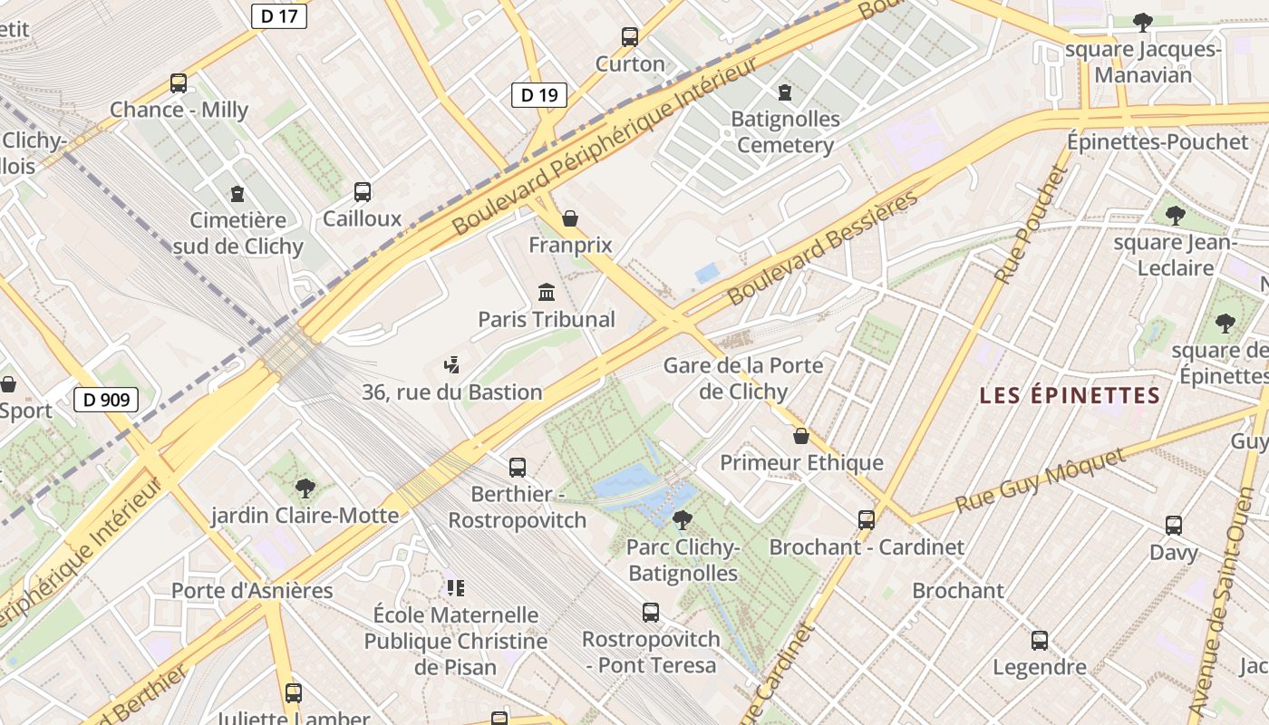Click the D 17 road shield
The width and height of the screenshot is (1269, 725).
coord(278,15)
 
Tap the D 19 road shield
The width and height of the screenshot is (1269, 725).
coord(538,95)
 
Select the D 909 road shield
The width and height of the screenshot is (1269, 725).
coord(106,400)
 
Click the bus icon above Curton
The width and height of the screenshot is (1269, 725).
coord(630,37)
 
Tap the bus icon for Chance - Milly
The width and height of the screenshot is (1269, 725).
coord(179,83)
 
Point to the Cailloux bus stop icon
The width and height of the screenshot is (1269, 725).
coord(363,192)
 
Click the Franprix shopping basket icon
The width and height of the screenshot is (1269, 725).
coord(570,218)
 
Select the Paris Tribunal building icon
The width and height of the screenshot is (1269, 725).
coord(547,292)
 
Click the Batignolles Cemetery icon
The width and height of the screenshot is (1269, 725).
coord(785,92)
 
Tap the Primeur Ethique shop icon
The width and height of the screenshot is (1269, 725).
coord(801,436)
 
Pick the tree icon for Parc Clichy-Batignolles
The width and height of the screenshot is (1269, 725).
coord(683,520)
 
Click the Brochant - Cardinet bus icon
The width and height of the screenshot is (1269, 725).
coord(867,520)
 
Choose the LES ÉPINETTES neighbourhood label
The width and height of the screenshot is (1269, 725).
coord(1070,396)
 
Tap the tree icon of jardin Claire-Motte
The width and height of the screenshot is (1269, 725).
coord(305,488)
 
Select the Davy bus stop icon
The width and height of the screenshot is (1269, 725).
coord(1174,526)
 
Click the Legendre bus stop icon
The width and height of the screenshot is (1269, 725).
coord(1040,641)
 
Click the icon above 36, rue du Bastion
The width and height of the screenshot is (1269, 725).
coord(452,365)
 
